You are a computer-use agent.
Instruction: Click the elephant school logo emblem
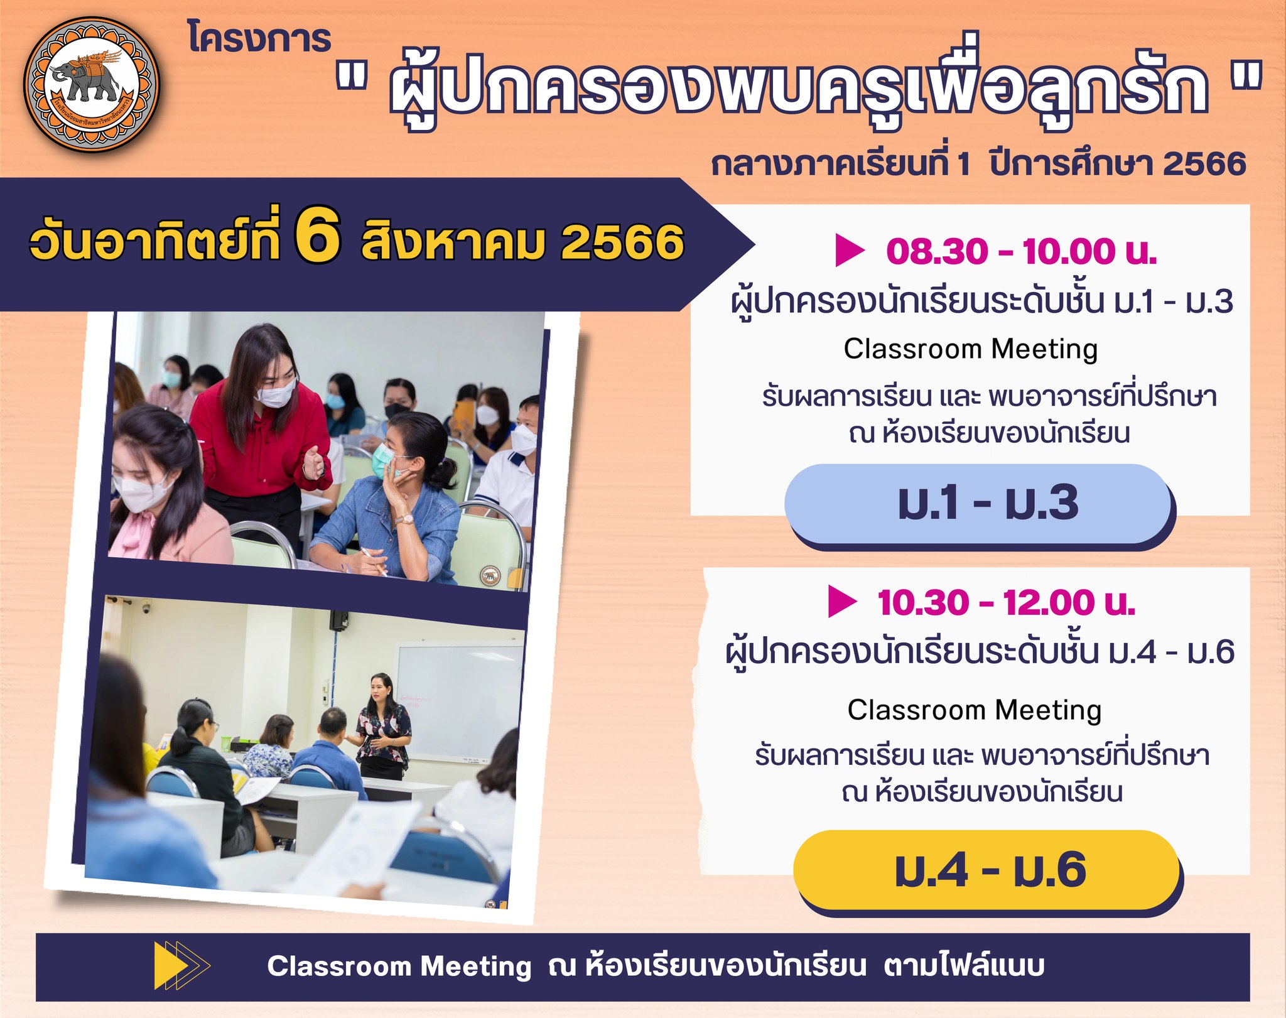coord(92,84)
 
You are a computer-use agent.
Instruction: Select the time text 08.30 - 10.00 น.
coord(1022,252)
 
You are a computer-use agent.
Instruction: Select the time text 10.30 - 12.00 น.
coord(1007,603)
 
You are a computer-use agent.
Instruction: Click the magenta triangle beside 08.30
coord(850,250)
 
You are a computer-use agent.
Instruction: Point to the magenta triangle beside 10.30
coord(842,601)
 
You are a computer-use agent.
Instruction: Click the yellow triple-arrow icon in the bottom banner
coord(182,966)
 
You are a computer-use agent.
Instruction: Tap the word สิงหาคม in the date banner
coord(452,242)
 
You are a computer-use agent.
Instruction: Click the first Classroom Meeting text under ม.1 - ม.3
coord(970,349)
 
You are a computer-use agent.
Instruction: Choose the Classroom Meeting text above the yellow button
coord(975,710)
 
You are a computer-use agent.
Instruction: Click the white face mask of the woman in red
coord(275,393)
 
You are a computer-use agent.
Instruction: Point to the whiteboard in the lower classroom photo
coord(458,701)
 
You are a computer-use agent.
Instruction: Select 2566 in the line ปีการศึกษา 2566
coord(1204,164)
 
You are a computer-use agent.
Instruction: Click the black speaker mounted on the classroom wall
coord(339,620)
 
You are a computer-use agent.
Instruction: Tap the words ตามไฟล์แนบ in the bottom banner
coord(964,966)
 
